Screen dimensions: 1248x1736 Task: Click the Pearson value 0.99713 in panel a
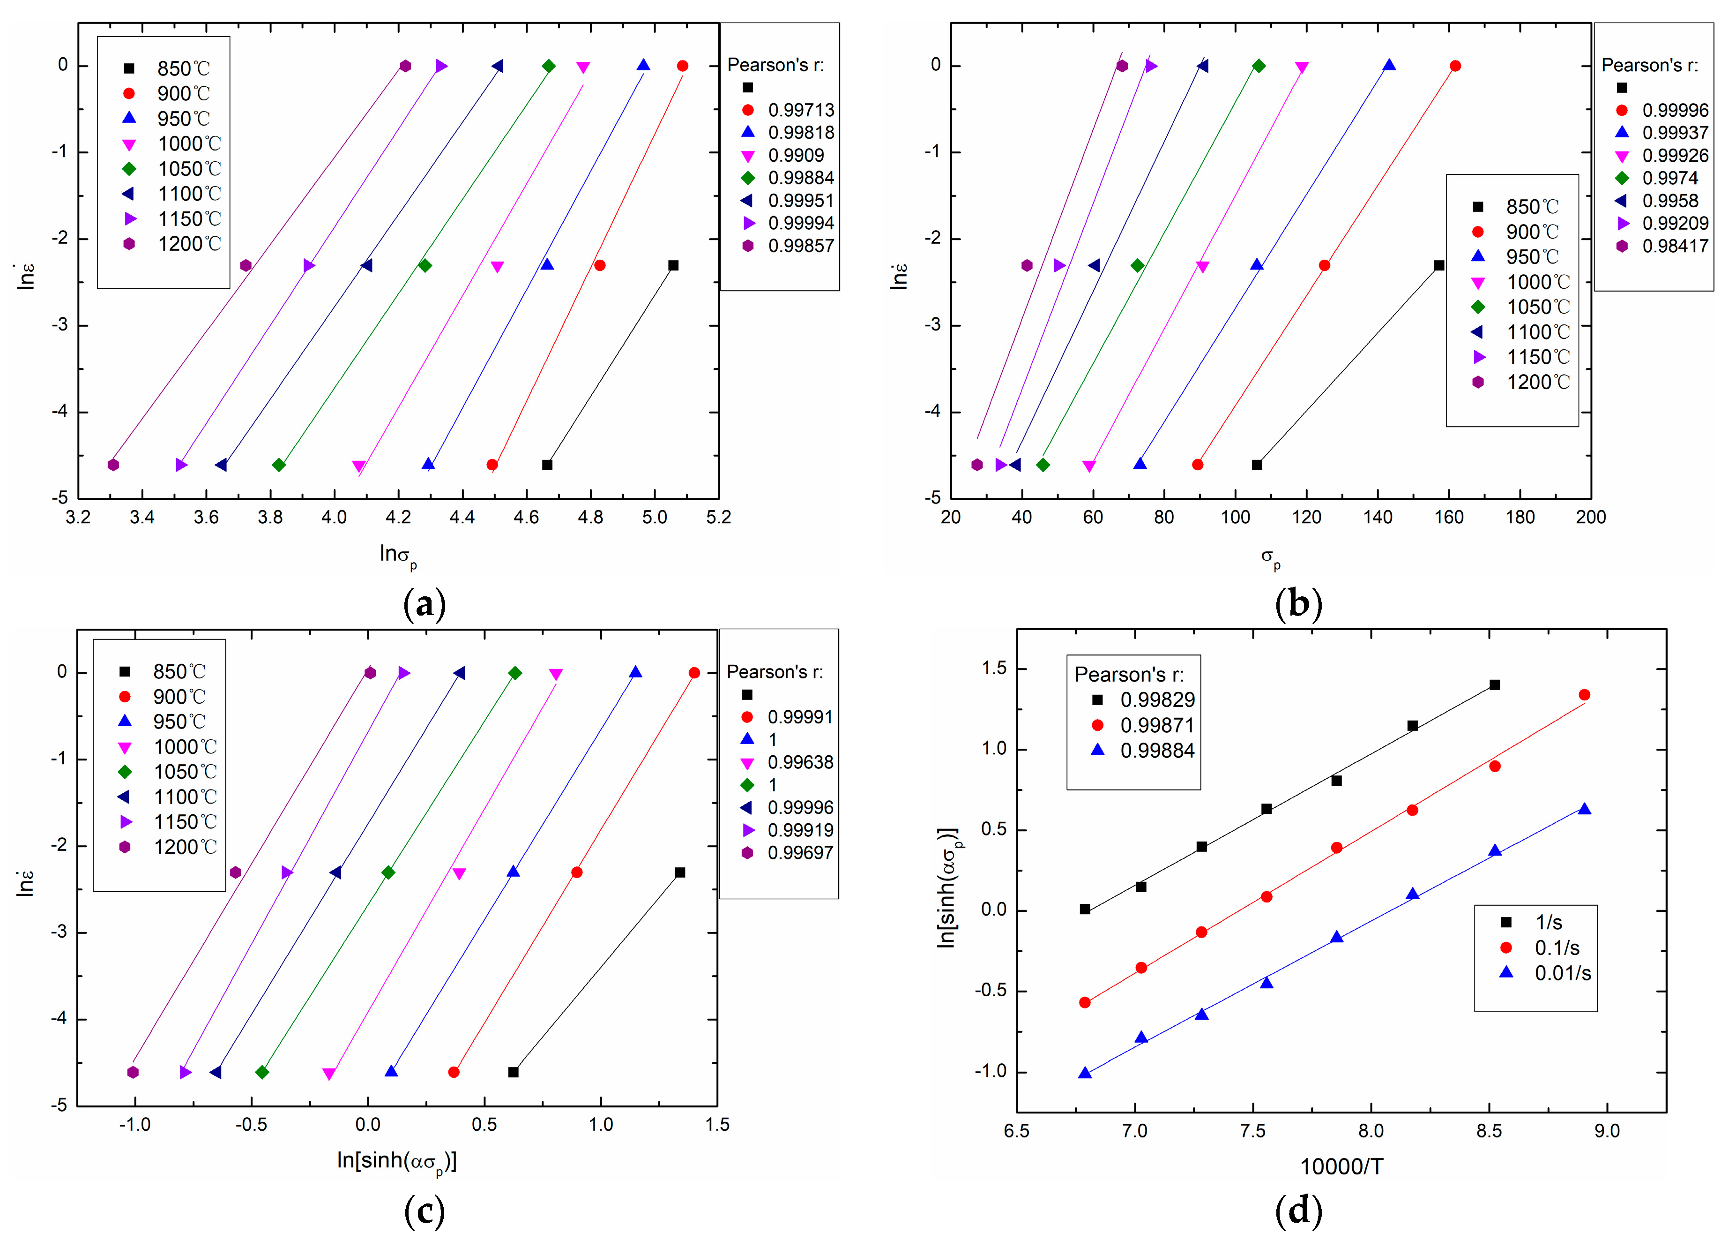[x=801, y=110]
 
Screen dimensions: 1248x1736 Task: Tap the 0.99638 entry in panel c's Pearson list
[x=800, y=763]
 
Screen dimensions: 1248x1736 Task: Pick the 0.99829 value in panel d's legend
[x=1156, y=700]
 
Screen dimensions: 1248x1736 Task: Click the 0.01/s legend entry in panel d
[x=1562, y=973]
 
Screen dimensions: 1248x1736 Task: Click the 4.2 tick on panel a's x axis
[x=398, y=518]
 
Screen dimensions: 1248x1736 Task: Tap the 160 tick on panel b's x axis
[x=1448, y=518]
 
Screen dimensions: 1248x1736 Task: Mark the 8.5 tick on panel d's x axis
[x=1489, y=1131]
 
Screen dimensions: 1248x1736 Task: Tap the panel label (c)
[x=423, y=1211]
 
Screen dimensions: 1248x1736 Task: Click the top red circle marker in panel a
[x=683, y=66]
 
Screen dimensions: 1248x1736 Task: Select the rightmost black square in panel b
[x=1439, y=266]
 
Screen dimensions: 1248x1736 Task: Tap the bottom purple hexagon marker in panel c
[x=133, y=1072]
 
